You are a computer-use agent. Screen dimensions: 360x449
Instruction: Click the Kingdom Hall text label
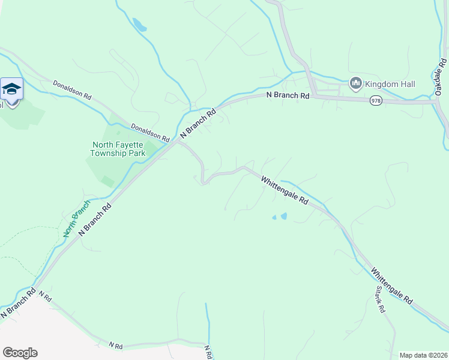390,84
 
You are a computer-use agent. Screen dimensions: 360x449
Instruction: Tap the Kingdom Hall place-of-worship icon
355,83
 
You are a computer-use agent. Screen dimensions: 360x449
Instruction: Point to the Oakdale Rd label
441,77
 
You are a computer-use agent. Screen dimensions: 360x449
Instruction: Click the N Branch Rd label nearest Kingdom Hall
288,95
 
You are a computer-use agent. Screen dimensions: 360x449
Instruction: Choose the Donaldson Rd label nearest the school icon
71,90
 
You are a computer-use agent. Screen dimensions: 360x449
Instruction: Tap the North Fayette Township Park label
118,149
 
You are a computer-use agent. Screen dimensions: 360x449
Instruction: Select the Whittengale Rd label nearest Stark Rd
391,286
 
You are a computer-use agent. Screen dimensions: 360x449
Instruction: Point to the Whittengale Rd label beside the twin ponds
285,190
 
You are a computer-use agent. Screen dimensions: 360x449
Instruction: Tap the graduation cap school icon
11,90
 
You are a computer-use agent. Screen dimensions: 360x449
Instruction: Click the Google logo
20,353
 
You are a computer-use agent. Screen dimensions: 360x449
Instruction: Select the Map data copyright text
423,355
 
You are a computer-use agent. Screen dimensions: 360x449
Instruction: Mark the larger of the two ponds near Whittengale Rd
283,216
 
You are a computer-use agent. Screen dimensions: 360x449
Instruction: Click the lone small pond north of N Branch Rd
139,25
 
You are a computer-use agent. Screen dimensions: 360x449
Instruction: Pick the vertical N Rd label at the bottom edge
208,352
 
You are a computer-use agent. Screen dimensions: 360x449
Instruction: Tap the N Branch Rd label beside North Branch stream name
95,219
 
